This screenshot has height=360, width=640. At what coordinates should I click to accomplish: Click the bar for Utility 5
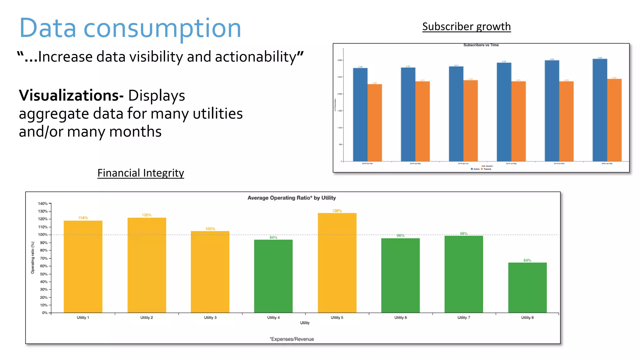pos(337,262)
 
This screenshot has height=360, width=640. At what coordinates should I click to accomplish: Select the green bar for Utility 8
pos(527,287)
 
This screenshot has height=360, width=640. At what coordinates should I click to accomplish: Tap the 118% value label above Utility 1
pos(83,218)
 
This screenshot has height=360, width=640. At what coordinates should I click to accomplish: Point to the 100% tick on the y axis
pos(43,235)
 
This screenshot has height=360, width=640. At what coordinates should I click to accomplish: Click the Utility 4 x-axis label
pos(273,317)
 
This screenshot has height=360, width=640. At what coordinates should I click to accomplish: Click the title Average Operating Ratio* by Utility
pos(292,198)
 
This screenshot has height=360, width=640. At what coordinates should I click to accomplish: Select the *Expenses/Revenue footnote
pos(292,339)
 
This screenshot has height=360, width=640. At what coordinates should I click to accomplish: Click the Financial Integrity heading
pos(141,173)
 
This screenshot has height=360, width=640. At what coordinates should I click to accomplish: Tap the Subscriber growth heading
pos(466,27)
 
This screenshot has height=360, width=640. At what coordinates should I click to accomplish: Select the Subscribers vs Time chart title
pos(481,45)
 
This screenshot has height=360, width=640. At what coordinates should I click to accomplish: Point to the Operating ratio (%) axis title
pos(32,258)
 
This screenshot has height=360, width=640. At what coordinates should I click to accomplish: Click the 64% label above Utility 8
pos(527,260)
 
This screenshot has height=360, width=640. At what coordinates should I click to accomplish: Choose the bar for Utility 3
pos(210,272)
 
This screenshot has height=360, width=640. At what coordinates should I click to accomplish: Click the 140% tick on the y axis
pos(43,203)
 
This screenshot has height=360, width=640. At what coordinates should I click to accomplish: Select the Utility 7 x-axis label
pos(464,317)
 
